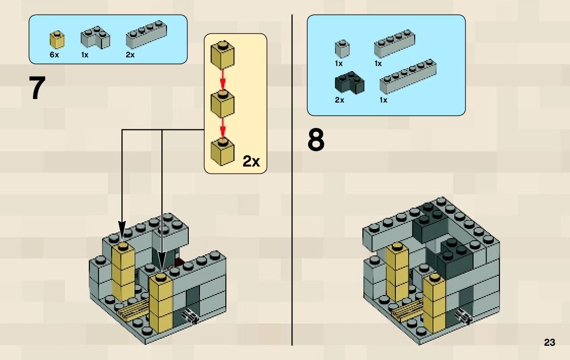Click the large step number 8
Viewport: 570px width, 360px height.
(316, 141)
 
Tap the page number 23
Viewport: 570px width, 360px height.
(549, 342)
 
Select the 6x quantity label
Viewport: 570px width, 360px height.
(54, 55)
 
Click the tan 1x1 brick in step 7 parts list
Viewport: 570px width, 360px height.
(57, 40)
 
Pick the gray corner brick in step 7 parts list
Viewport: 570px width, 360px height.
(95, 38)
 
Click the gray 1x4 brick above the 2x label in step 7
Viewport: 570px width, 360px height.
(146, 35)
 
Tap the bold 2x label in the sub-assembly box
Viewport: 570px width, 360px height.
(251, 161)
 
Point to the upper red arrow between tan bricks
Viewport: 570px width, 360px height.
(222, 77)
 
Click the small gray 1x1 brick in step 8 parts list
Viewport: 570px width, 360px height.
(342, 49)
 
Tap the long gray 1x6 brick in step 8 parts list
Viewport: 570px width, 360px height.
(408, 77)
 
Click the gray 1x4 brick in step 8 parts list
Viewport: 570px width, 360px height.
(394, 44)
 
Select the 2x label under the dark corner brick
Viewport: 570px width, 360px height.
(340, 100)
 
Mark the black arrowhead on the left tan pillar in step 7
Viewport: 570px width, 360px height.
(121, 228)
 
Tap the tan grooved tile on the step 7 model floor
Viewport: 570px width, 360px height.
(134, 310)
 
